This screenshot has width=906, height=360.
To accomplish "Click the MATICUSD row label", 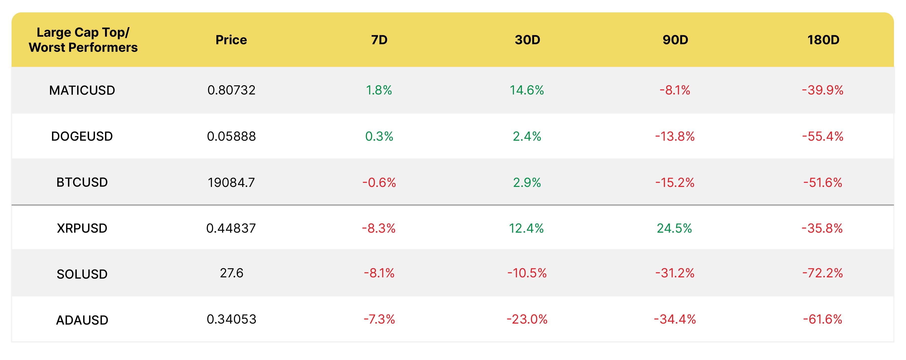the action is [x=82, y=90].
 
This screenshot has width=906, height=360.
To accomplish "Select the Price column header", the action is [x=231, y=40].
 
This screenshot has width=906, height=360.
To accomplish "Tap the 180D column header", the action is [x=823, y=40].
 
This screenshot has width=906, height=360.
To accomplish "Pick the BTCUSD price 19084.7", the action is [x=231, y=182].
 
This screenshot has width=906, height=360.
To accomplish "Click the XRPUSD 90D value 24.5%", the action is [x=674, y=228].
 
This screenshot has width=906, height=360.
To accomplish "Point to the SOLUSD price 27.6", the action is [x=231, y=273].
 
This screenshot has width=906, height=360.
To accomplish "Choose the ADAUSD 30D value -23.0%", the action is [x=527, y=319].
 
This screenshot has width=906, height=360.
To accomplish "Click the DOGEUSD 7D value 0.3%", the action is [x=379, y=136].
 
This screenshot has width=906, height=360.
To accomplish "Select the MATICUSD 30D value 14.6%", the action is [x=527, y=90].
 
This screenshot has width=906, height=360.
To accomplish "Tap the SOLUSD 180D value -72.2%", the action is [x=823, y=273].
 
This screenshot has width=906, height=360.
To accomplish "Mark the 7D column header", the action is [x=379, y=40].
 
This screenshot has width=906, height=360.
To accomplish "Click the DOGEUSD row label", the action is [x=82, y=136].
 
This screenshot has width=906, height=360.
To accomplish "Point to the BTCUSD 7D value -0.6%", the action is [x=379, y=182].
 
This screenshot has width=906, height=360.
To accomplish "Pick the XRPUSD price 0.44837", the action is [x=231, y=228].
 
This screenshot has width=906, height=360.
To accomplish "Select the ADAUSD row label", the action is [x=82, y=320].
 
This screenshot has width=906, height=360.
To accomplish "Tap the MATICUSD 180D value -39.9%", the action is [x=823, y=90].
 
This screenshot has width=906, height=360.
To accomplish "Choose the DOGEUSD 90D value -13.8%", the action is [x=675, y=136].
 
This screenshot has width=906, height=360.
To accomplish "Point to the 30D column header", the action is [x=527, y=40].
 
